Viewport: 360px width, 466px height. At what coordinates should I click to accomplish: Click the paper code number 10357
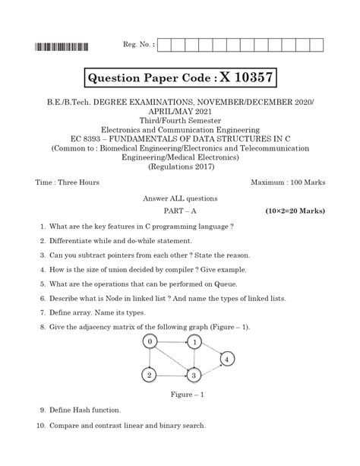(246, 77)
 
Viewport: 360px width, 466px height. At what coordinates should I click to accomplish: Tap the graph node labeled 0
(150, 342)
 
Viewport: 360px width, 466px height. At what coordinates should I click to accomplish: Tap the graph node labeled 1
(195, 343)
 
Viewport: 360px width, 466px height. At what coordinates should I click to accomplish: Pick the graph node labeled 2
(150, 375)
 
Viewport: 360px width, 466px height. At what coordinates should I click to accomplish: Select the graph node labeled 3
(194, 375)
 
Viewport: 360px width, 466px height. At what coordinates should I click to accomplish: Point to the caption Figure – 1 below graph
(180, 395)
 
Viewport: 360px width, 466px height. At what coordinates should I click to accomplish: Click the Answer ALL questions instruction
(180, 197)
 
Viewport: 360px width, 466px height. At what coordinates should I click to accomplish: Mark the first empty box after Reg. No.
(166, 44)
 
